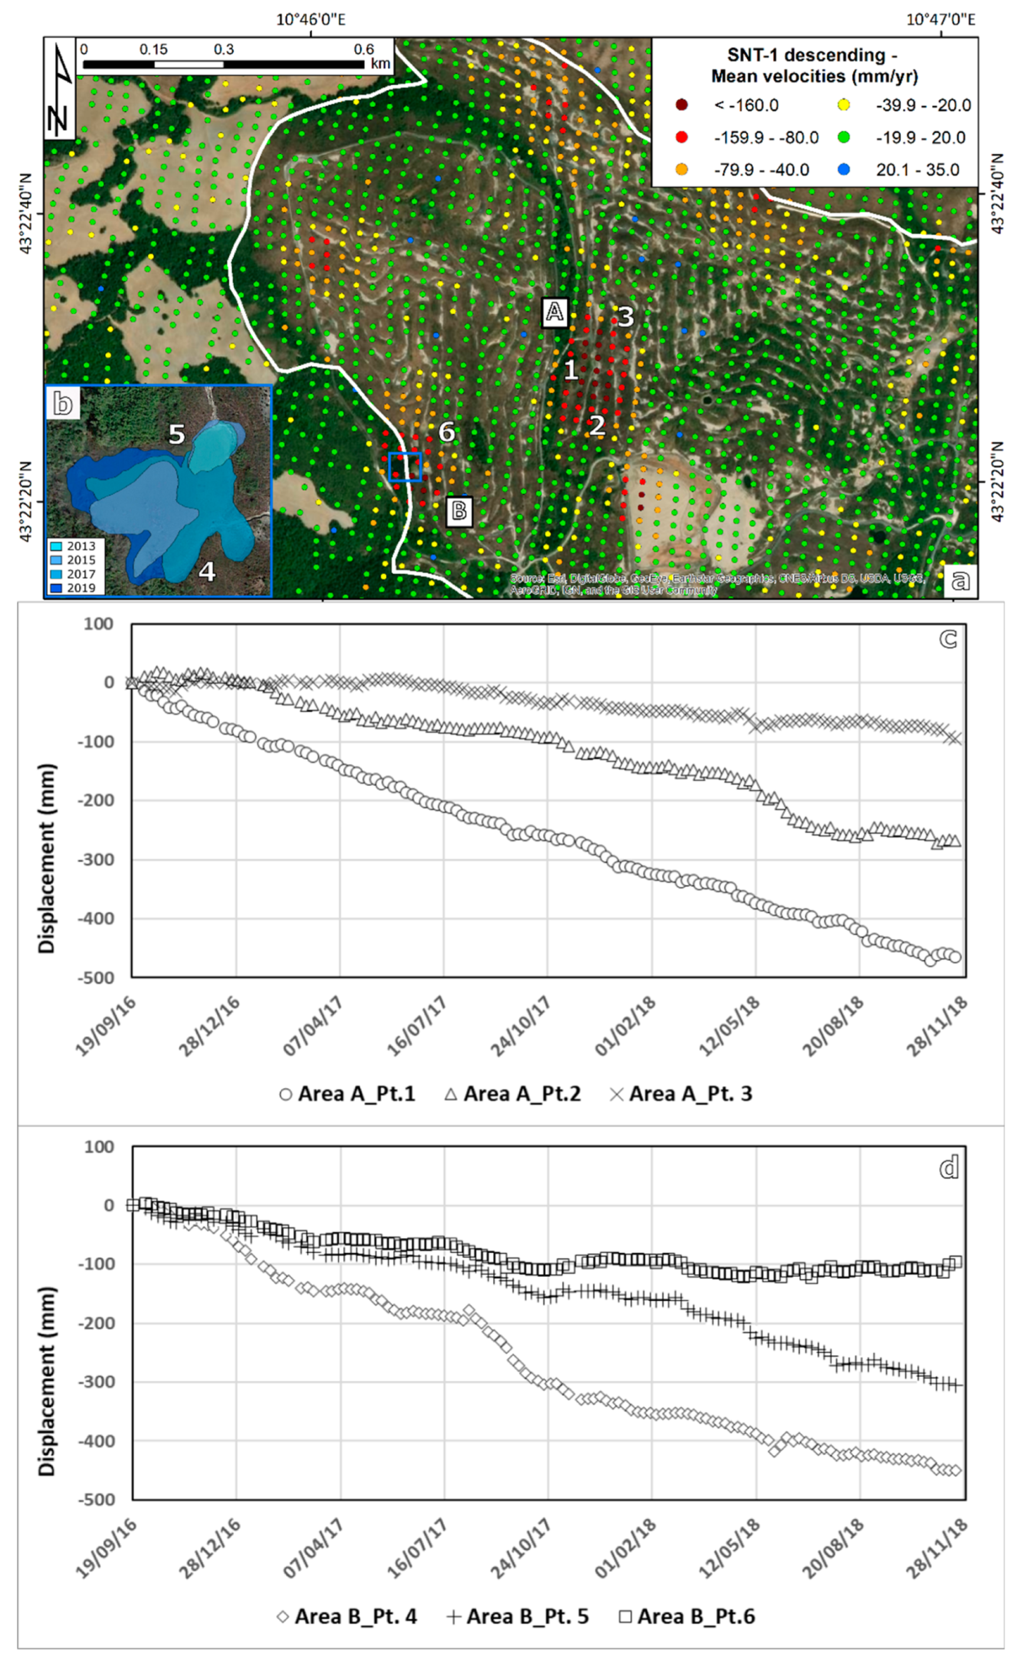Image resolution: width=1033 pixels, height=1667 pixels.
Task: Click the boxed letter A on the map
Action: [554, 312]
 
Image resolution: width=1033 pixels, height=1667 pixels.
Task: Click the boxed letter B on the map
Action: [459, 510]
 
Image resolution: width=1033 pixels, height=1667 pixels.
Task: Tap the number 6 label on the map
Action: [446, 432]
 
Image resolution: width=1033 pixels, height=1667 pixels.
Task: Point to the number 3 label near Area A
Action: [625, 317]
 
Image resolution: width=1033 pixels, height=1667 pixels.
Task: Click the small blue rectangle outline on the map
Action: [405, 467]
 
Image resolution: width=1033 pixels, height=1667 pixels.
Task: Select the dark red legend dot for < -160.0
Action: [681, 105]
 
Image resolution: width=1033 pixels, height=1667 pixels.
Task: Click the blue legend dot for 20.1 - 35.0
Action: [844, 169]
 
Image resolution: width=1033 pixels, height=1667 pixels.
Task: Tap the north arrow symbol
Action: [60, 89]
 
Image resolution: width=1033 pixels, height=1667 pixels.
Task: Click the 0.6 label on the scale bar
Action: [363, 49]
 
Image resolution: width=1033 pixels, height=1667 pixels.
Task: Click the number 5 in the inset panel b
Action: [176, 434]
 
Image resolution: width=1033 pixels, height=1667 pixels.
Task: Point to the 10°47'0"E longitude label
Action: [941, 19]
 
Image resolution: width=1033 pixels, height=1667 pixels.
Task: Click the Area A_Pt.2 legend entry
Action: [513, 1094]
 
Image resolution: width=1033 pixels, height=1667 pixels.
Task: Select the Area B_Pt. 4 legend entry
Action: [346, 1616]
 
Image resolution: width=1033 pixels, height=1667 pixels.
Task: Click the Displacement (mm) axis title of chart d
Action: [47, 1381]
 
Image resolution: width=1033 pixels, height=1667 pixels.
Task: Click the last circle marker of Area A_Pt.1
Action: [955, 957]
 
